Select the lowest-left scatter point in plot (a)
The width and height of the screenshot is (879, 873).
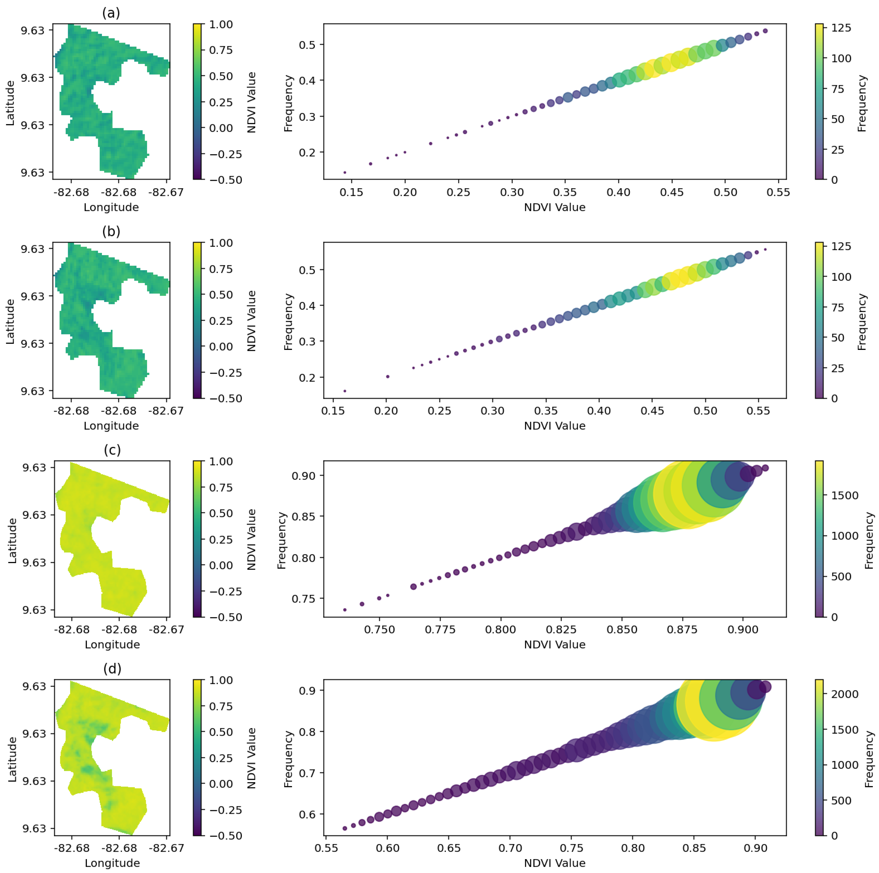tap(345, 172)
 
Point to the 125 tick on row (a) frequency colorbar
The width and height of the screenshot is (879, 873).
tap(841, 28)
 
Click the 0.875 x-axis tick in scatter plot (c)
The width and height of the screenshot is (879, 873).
tap(682, 630)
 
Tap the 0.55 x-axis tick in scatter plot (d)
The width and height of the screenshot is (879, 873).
tap(326, 849)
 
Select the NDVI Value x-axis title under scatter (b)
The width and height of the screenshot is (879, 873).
tap(555, 426)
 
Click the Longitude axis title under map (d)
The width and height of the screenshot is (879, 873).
tap(112, 863)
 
